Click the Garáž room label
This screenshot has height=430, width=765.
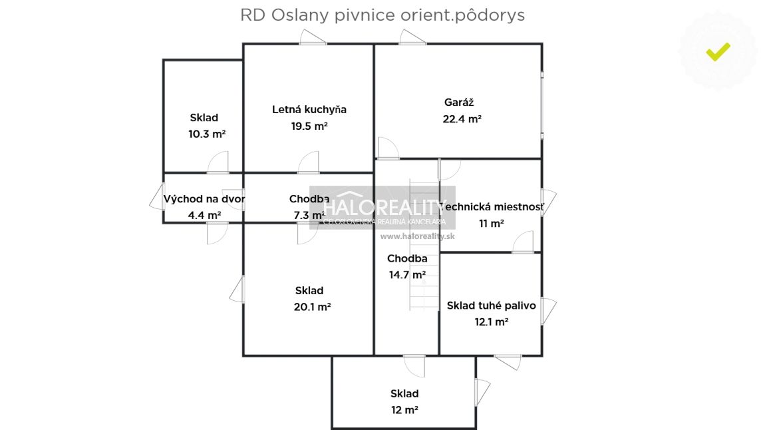459,103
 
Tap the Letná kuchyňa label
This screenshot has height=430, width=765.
309,109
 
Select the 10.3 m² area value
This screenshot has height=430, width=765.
207,134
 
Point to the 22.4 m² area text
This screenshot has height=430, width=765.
462,119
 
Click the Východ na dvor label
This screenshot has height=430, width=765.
204,198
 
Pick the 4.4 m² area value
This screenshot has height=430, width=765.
204,215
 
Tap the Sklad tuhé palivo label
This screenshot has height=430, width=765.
491,306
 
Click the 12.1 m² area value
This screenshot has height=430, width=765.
491,322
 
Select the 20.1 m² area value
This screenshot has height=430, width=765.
313,307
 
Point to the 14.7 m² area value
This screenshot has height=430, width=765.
407,274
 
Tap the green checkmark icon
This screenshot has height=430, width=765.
718,51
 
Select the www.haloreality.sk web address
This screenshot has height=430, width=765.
417,236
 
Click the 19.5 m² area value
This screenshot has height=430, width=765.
309,126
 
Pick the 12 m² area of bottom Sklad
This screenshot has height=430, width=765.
404,410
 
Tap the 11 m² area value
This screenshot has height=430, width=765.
491,224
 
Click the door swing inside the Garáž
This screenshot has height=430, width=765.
386,148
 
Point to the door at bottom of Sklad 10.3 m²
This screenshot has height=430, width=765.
218,163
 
